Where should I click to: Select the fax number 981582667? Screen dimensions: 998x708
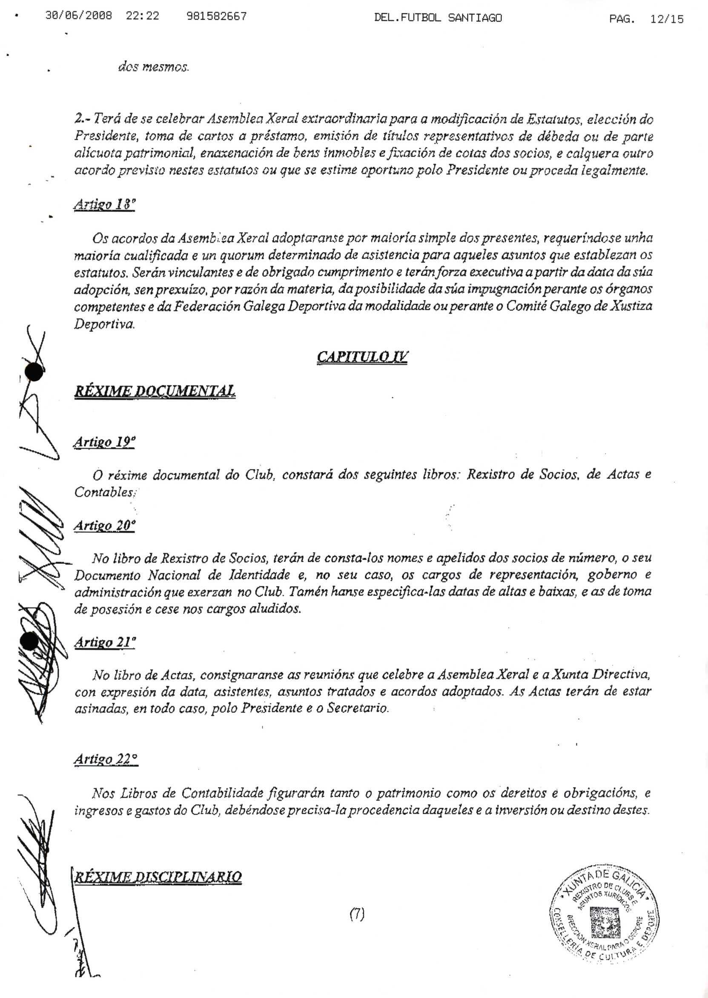coord(216,17)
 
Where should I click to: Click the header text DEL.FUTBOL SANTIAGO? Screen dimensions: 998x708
coord(438,18)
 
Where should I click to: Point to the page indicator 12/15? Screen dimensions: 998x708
coord(667,19)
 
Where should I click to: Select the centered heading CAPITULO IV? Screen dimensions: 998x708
coord(362,357)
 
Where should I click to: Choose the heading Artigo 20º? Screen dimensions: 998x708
coord(104,526)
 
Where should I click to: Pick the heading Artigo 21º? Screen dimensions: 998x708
coord(105,642)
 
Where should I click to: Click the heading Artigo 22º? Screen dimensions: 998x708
coord(106,759)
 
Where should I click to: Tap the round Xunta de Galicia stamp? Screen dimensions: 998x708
coord(605,912)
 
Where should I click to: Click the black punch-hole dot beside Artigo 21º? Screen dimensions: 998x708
coord(30,641)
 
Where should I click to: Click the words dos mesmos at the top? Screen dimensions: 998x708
coord(153,68)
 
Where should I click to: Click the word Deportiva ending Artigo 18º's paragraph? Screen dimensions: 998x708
coord(104,325)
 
